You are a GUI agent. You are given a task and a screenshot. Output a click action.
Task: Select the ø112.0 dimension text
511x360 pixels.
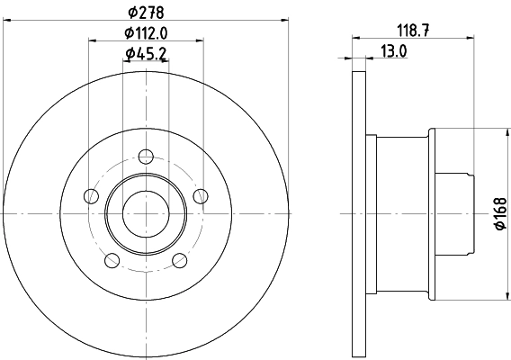click(x=146, y=32)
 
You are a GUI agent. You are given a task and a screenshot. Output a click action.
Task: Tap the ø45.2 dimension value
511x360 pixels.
click(x=145, y=54)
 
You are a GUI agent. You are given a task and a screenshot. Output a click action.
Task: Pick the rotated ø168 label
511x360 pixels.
click(x=501, y=212)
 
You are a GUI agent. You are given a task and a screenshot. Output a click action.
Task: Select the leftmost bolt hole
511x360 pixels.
click(x=89, y=195)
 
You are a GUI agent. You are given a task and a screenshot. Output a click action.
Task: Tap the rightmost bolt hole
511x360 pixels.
click(x=201, y=195)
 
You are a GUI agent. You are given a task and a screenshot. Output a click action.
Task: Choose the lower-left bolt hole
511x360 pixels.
click(x=112, y=260)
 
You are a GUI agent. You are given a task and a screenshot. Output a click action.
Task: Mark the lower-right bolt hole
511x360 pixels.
click(x=179, y=260)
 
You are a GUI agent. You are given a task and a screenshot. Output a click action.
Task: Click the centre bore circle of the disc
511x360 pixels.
click(x=145, y=213)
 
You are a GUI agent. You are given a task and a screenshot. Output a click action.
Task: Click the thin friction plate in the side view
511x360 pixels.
click(x=359, y=213)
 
